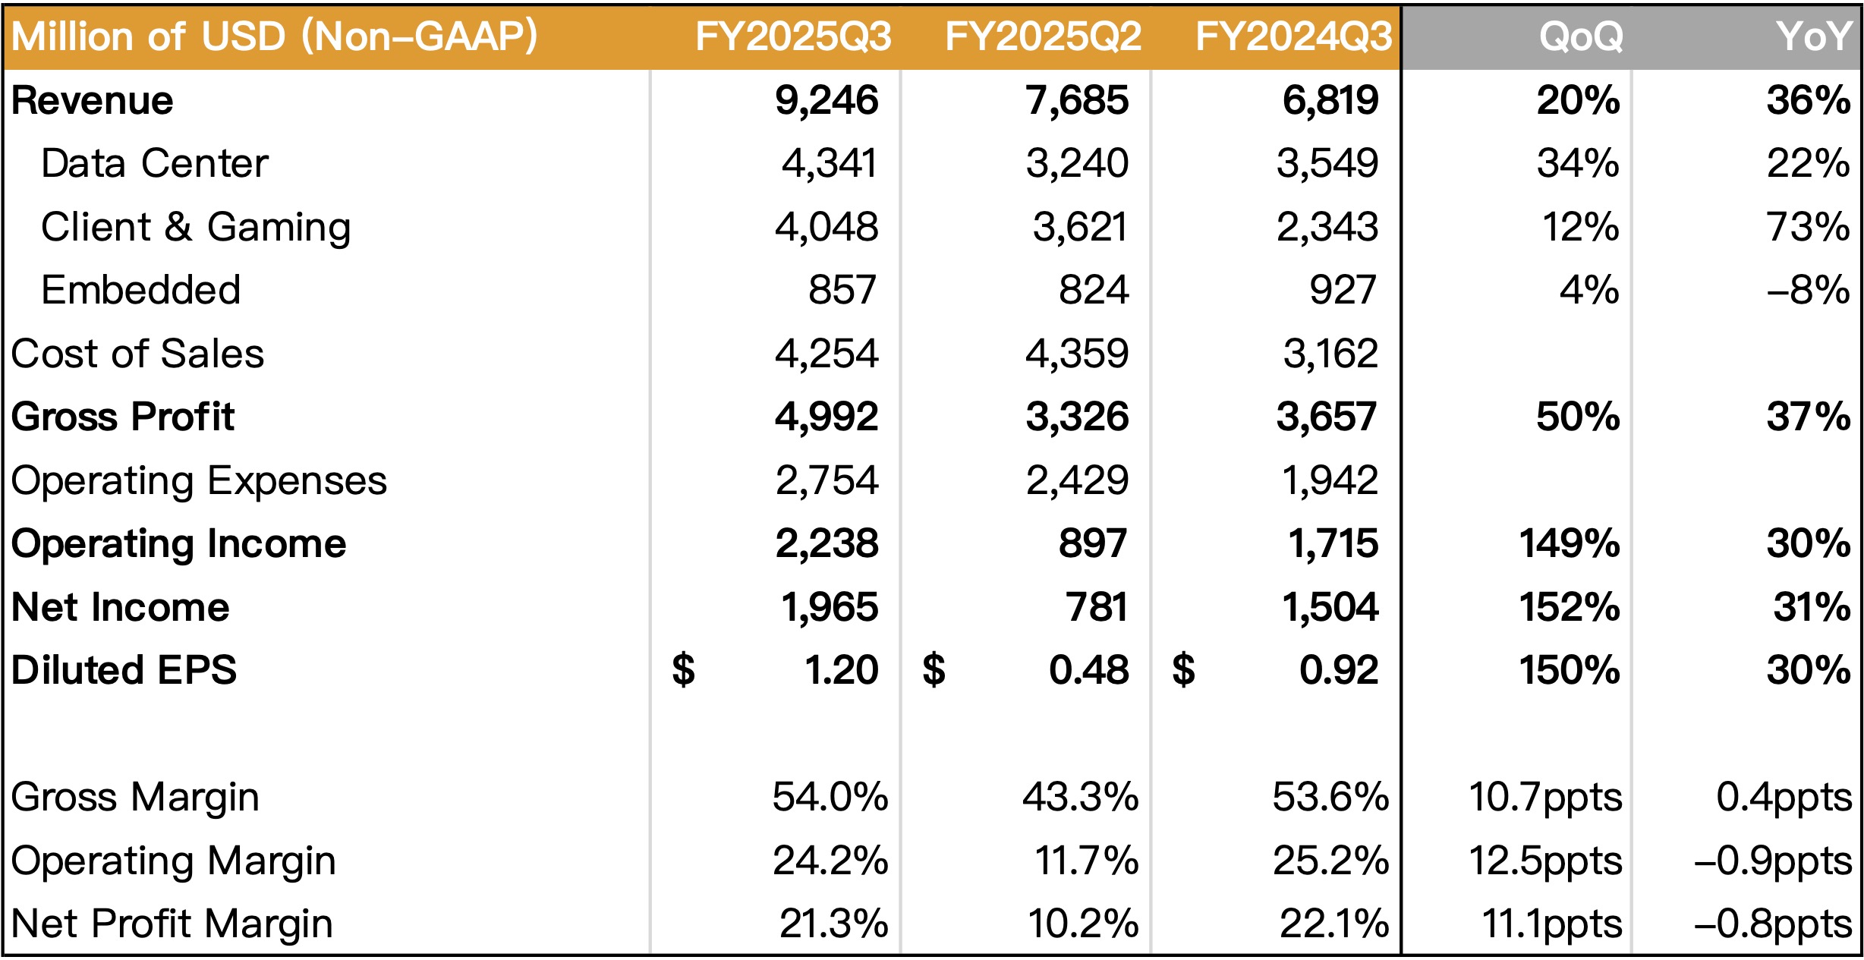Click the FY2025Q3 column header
793,36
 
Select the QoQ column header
1581,36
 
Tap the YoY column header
1813,36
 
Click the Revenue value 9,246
827,101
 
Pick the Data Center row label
155,164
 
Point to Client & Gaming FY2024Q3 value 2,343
1327,227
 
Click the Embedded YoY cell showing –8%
1808,290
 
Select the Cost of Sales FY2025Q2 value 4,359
1077,354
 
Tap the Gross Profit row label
123,417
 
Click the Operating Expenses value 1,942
1330,480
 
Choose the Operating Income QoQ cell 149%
1570,543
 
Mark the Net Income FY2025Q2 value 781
1096,607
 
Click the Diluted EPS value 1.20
841,670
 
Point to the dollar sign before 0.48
934,670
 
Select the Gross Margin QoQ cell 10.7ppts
1545,798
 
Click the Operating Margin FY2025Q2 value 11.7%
1086,861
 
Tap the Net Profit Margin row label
172,924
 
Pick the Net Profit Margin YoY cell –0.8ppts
1773,924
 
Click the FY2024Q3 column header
1294,36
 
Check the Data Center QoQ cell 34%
1578,164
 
